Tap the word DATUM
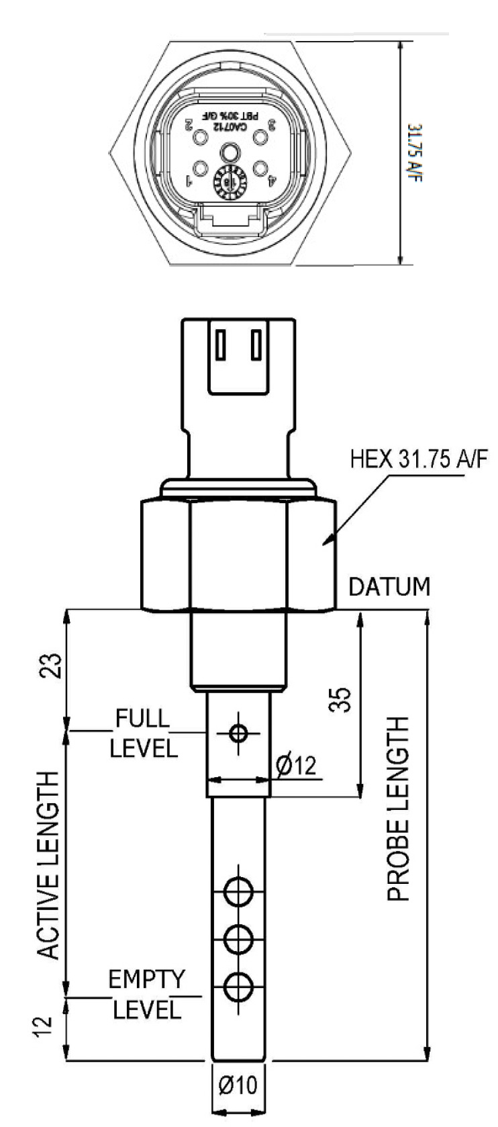click(389, 586)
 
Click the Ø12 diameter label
click(296, 765)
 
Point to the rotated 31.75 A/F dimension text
click(419, 155)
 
